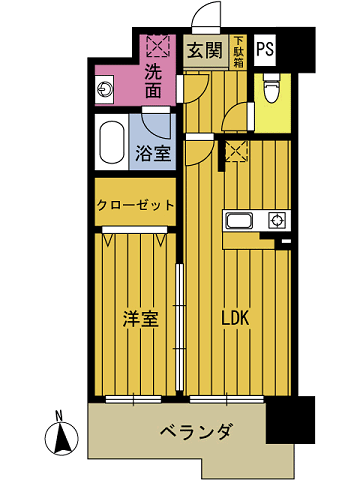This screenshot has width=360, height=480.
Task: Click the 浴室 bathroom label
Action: [x=152, y=153]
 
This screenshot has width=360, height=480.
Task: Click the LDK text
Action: [x=234, y=318]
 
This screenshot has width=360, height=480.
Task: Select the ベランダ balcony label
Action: [x=197, y=432]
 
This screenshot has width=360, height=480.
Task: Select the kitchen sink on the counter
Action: [x=241, y=221]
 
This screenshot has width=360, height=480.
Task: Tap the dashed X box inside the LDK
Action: [x=236, y=150]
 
